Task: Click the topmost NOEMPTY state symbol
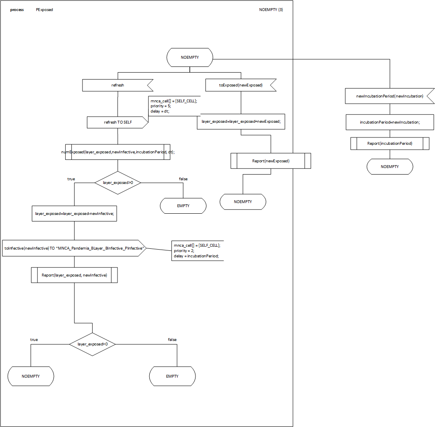[190, 58]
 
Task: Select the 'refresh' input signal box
[118, 85]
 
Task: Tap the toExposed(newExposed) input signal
[240, 85]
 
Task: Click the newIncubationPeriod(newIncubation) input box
[389, 96]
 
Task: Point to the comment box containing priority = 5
[174, 106]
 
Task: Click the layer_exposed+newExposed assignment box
[241, 122]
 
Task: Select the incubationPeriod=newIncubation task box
[389, 122]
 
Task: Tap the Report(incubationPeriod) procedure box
[389, 144]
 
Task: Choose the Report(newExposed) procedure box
[271, 161]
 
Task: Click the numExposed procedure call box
[118, 152]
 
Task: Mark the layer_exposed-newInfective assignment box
[74, 213]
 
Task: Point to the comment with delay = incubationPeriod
[198, 250]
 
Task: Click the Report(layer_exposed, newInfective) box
[74, 275]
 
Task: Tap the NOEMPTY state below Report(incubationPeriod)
[389, 167]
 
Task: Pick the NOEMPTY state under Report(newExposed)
[243, 202]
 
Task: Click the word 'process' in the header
[17, 10]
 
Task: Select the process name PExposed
[44, 10]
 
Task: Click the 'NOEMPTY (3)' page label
[271, 10]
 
